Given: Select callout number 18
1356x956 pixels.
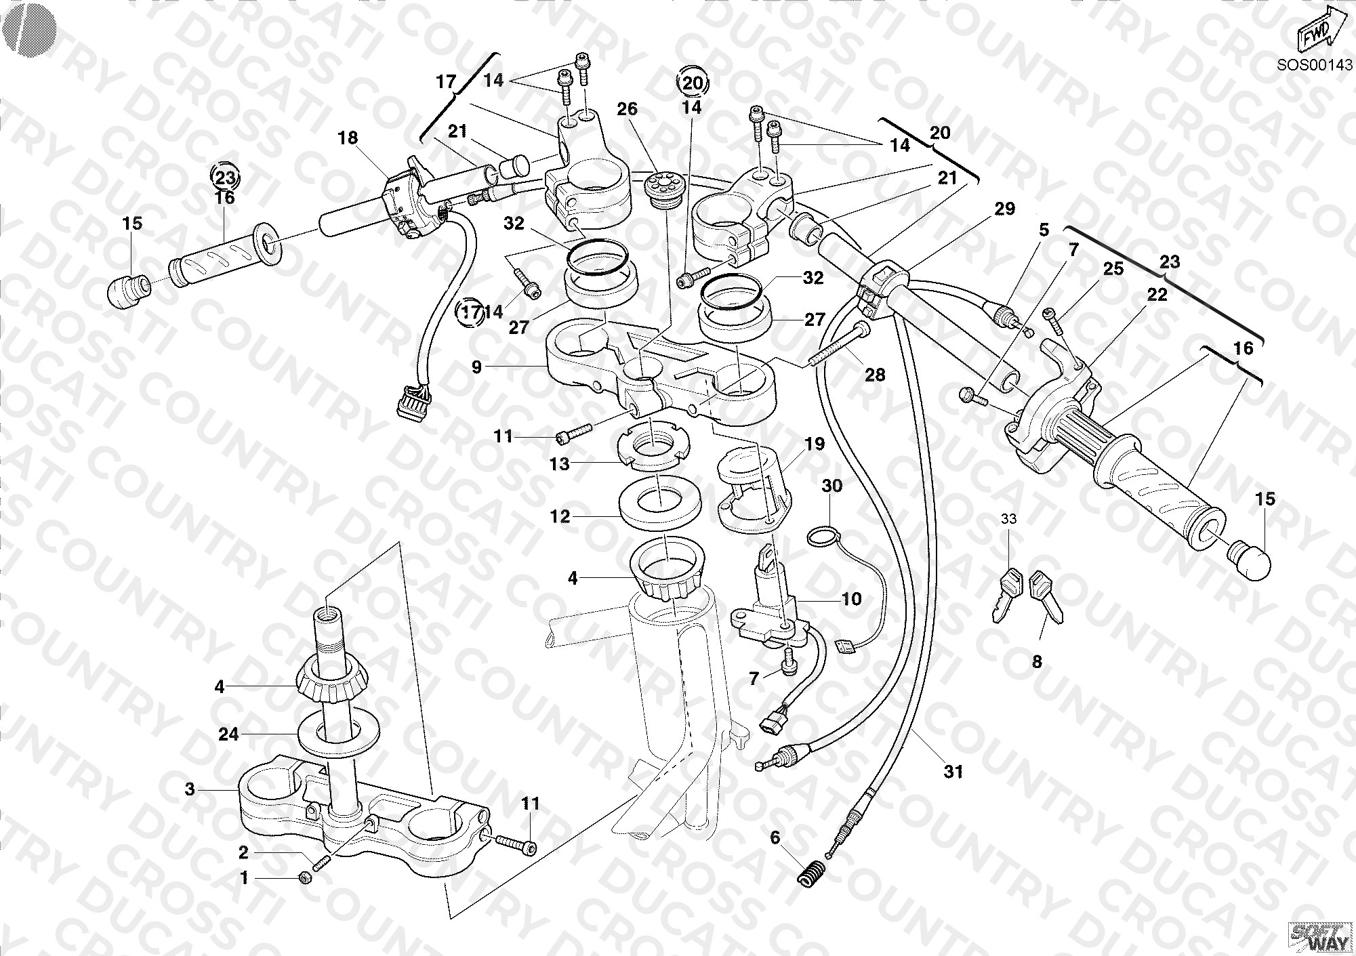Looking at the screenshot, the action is [x=348, y=138].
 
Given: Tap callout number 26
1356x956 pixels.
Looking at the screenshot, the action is [x=628, y=108].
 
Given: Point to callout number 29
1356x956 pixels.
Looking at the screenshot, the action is [x=1004, y=209].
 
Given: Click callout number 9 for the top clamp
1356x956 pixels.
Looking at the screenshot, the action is [x=476, y=367].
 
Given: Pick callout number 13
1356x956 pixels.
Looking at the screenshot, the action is [x=560, y=464].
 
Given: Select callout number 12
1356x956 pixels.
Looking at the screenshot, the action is [x=560, y=517].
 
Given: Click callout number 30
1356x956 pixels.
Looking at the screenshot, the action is [x=832, y=486].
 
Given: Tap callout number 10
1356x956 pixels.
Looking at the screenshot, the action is [x=851, y=599].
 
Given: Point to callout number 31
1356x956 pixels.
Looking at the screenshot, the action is [x=953, y=771].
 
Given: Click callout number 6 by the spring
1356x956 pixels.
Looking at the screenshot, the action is [x=775, y=838].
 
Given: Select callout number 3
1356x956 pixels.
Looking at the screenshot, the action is [x=190, y=789].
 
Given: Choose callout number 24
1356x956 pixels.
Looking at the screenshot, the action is [x=228, y=734].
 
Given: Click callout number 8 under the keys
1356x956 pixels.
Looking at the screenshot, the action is [x=1037, y=661].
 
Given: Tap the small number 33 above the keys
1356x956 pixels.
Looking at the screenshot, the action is [x=1009, y=519].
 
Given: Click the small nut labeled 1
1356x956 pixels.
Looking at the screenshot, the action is [x=305, y=878].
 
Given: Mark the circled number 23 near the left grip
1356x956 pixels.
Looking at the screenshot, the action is [x=224, y=178].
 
